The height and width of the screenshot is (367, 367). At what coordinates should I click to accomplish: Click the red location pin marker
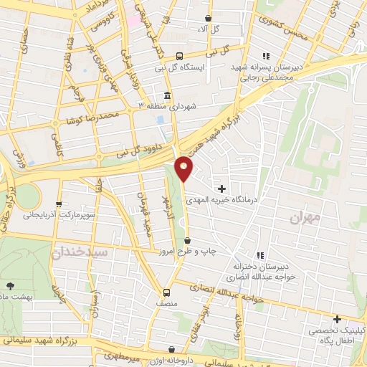coord(185,167)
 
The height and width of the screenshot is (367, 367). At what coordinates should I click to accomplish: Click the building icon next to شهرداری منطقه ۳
coord(167,95)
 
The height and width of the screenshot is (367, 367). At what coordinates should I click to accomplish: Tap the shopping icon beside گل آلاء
coord(208,19)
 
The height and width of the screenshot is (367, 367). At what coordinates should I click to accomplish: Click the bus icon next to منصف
coord(167,292)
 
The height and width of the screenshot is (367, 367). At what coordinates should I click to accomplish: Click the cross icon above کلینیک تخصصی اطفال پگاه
coord(336,319)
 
